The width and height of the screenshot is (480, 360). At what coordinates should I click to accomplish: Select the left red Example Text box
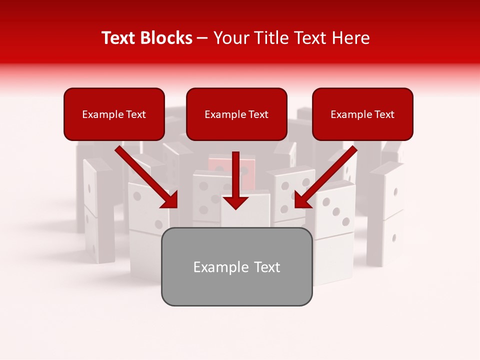(114, 114)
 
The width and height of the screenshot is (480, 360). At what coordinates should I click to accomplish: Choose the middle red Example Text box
(236, 114)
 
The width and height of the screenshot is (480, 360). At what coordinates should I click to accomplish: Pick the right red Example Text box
(362, 114)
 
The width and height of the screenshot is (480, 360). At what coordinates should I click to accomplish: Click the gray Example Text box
(236, 266)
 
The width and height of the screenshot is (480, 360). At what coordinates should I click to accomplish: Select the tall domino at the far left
(97, 210)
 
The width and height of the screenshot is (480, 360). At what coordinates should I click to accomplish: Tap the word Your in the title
(229, 38)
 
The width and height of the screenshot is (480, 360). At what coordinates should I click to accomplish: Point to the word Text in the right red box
(384, 114)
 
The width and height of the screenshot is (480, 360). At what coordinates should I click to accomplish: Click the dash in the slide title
(202, 38)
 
